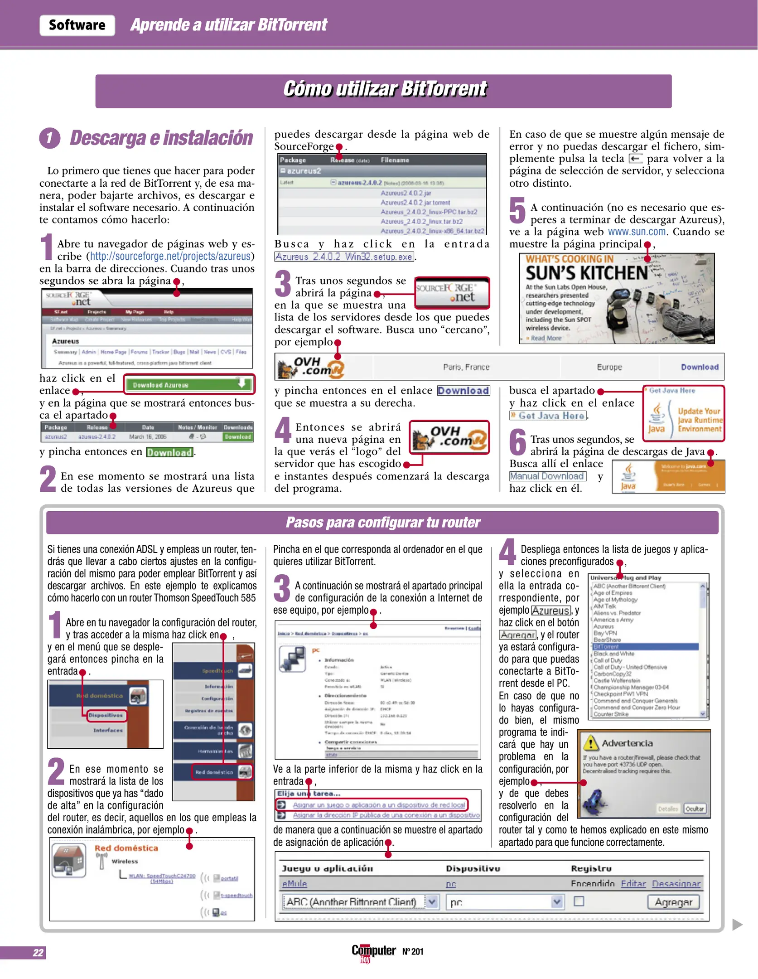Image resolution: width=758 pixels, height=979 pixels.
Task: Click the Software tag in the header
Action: (77, 25)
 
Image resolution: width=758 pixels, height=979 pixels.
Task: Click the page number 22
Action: (38, 952)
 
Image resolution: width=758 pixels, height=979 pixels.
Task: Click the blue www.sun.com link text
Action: (637, 232)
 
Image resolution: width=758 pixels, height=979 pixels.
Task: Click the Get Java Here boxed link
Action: (548, 416)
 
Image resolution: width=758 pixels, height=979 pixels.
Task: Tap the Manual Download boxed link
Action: (547, 476)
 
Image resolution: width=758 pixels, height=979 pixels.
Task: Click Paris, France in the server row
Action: (466, 367)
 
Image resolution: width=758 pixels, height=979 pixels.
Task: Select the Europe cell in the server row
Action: (609, 367)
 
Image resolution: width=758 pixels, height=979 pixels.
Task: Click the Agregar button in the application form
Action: (673, 902)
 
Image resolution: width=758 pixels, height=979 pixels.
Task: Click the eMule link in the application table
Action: (295, 884)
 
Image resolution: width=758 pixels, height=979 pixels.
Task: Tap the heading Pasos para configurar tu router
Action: (382, 523)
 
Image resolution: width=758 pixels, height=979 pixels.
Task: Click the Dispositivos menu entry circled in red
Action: (106, 715)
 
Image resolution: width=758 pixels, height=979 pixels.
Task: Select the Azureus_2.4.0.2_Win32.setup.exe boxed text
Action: (344, 257)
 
